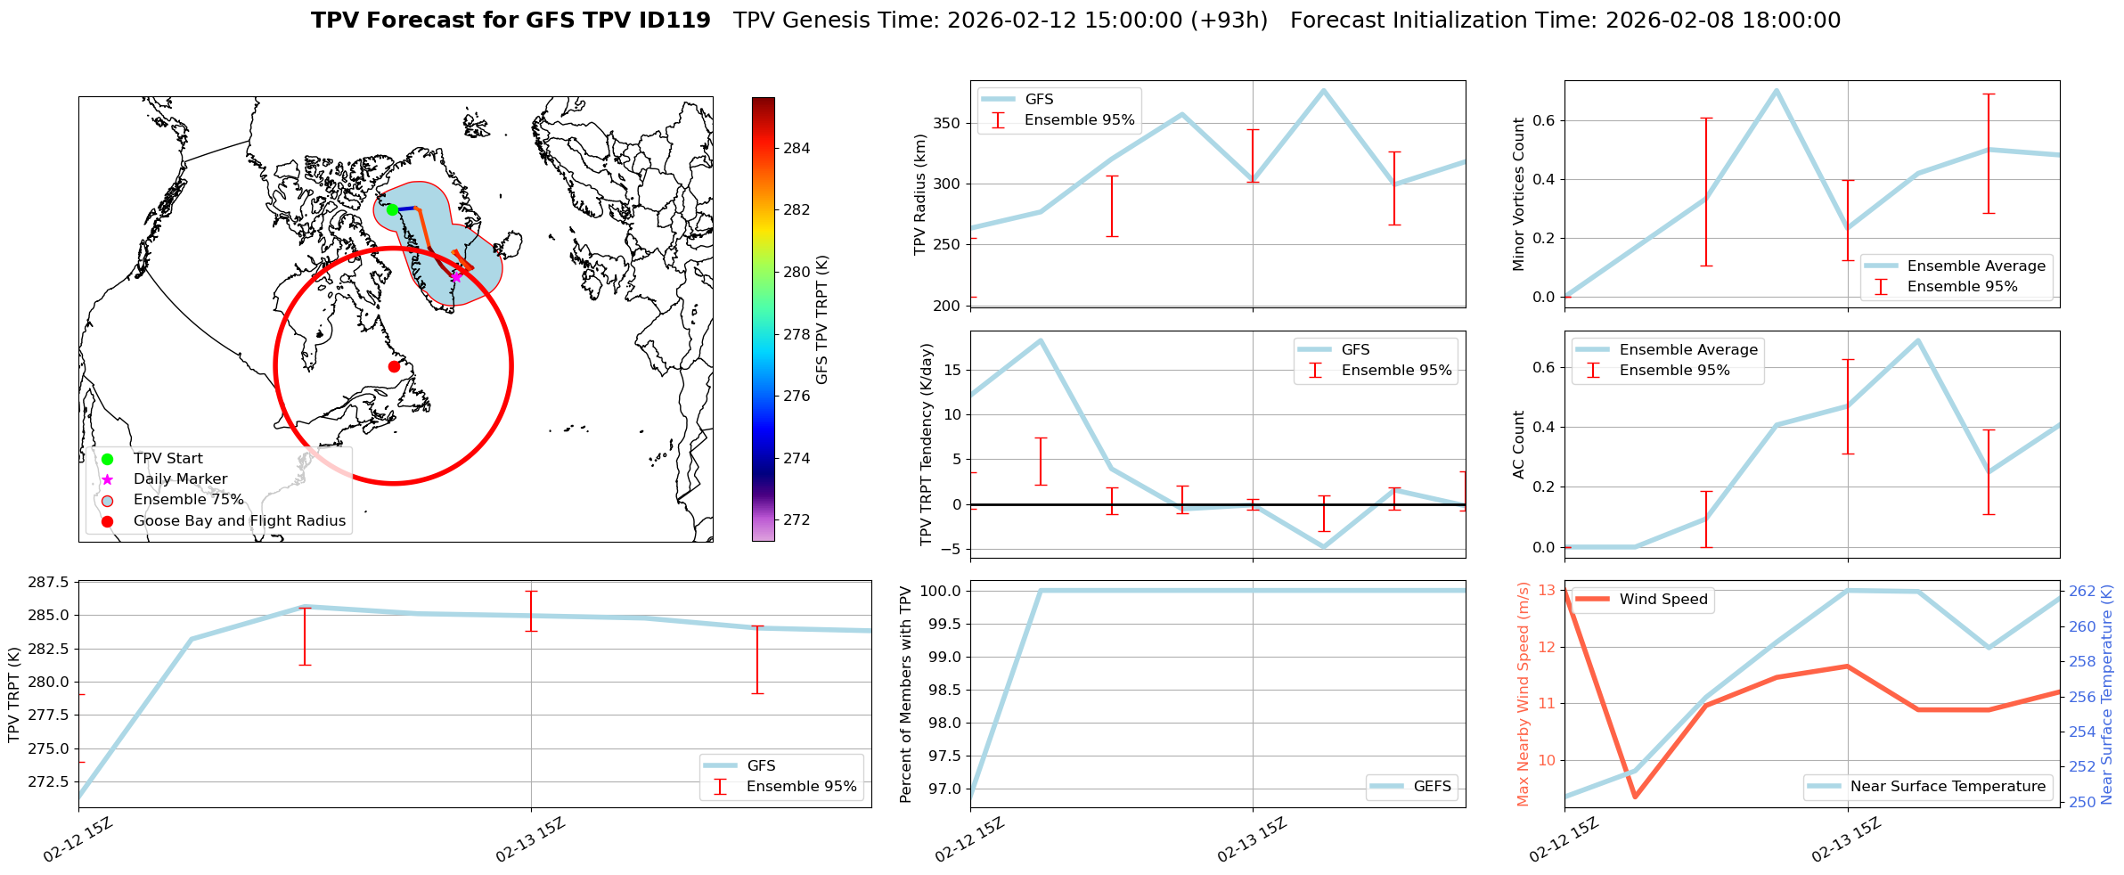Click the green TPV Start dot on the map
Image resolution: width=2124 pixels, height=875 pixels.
[392, 209]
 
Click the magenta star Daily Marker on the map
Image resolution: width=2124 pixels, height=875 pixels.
[456, 276]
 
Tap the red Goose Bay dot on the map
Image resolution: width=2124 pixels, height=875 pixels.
[394, 366]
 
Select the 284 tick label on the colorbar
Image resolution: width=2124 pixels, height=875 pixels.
[796, 148]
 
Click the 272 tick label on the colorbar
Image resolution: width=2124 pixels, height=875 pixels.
[796, 519]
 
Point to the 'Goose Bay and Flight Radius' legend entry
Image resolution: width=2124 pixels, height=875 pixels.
[239, 520]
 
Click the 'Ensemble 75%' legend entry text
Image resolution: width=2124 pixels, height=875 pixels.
[188, 499]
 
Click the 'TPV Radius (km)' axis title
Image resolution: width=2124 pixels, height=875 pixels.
[920, 194]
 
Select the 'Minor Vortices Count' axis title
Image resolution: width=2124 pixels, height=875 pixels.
[1518, 194]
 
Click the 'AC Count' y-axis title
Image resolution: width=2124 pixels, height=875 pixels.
[1518, 445]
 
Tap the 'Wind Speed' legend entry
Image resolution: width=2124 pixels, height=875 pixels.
[1662, 600]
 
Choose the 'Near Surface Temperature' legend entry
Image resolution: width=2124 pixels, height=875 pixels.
[1948, 786]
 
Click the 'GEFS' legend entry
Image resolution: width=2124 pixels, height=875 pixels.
[1432, 786]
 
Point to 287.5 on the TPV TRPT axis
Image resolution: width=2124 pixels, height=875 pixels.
[49, 583]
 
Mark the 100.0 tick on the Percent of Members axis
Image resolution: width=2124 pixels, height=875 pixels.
[943, 591]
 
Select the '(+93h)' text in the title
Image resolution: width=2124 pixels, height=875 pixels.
[1229, 20]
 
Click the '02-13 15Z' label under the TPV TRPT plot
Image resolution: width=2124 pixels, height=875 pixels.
[530, 839]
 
